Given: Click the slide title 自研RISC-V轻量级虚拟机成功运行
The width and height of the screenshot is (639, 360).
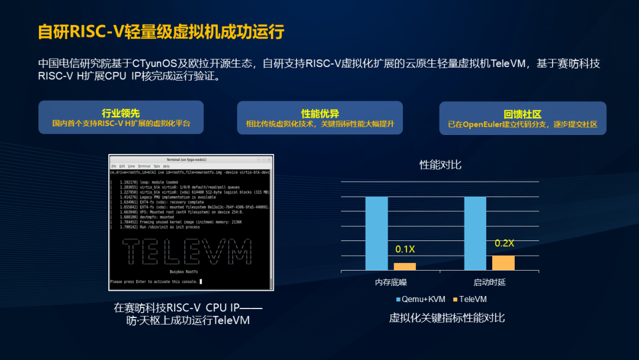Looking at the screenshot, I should (161, 31).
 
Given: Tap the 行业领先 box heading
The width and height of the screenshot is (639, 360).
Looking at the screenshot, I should (121, 113).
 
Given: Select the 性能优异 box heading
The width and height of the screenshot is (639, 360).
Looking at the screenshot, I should (320, 113).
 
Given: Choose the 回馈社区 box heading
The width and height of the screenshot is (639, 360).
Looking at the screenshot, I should (522, 114).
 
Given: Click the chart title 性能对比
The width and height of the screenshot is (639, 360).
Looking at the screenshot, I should (440, 165).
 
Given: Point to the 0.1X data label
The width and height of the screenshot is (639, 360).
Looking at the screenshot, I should (405, 249).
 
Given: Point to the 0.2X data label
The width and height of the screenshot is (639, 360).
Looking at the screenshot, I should (504, 243).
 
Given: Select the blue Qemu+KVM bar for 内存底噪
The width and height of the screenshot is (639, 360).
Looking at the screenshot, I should (376, 233).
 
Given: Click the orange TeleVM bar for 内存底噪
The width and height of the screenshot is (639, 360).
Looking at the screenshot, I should (405, 266).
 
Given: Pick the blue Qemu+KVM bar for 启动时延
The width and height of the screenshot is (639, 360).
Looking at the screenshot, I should (475, 233).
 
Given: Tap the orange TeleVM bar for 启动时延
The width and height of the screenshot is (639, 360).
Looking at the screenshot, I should (504, 263).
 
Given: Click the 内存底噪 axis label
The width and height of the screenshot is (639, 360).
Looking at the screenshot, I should (391, 282).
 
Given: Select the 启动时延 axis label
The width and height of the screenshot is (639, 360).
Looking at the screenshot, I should (489, 282).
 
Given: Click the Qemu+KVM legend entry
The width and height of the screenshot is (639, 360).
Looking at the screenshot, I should (422, 299).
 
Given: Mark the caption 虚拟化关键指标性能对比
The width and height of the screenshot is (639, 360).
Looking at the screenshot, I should (447, 318).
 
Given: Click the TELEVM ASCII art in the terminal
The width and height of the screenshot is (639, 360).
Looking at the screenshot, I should (188, 252).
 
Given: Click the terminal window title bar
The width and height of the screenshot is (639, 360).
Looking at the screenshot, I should (191, 160).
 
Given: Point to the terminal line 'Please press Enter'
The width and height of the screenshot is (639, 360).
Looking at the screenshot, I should (154, 282).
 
